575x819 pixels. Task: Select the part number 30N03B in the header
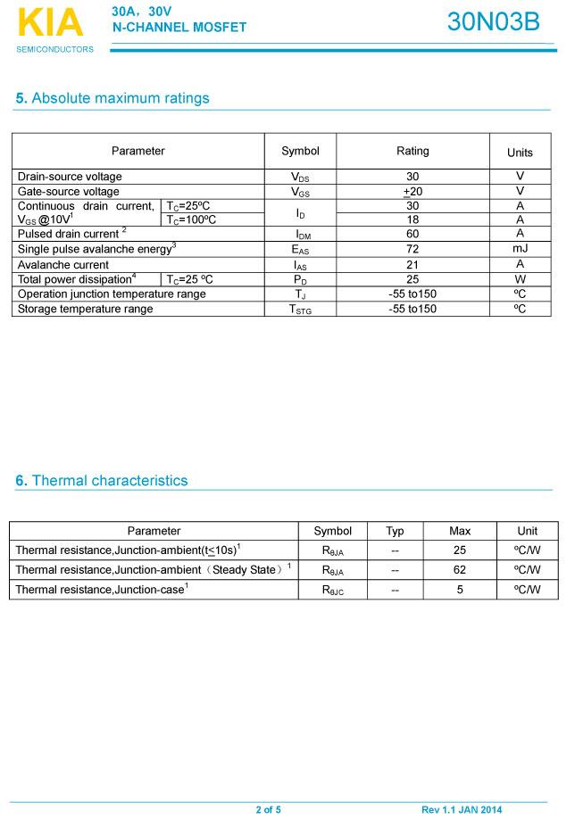point(493,22)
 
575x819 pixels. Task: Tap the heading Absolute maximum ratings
point(112,98)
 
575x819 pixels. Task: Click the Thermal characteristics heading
point(102,481)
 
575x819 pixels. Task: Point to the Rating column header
point(412,151)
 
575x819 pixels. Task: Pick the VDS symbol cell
point(300,177)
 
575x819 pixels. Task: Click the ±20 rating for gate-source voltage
point(412,192)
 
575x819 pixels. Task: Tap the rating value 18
point(412,219)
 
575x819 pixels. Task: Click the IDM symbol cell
point(300,235)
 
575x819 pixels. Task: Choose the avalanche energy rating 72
point(412,249)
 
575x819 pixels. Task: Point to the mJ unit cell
point(520,249)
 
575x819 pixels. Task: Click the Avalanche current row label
point(63,265)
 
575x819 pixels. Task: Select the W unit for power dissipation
point(520,279)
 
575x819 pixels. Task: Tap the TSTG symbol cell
point(300,309)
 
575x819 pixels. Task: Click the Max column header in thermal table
point(460,531)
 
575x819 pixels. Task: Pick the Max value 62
point(460,569)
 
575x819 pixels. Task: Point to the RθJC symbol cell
point(332,590)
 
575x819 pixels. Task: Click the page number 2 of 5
point(268,810)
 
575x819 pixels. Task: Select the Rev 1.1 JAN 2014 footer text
point(462,810)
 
